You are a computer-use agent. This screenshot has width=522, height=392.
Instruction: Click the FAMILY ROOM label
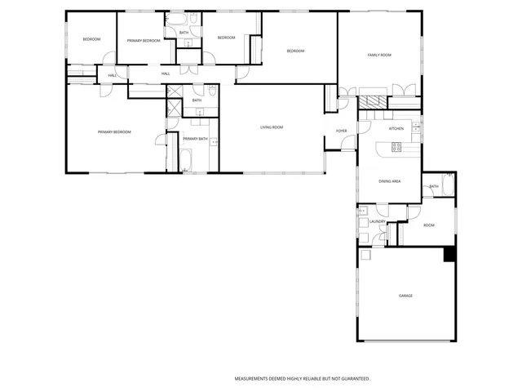pos(379,55)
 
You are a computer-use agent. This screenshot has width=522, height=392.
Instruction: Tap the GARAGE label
pos(405,295)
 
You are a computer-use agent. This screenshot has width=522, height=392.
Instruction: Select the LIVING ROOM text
pos(272,127)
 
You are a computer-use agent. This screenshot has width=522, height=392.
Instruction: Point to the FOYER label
pos(341,131)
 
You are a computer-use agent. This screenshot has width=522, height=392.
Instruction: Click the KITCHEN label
pos(396,129)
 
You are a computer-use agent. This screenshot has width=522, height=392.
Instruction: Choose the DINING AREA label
pos(389,181)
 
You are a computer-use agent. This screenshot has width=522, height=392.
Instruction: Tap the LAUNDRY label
pos(377,221)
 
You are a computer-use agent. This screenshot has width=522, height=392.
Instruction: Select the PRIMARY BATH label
pos(195,139)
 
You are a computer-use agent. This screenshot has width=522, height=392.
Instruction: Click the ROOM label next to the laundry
pos(428,225)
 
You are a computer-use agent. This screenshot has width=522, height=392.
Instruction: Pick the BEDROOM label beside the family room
pos(294,51)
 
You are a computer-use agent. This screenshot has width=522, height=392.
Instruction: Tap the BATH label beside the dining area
pos(433,187)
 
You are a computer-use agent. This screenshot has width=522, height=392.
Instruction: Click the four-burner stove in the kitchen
pos(396,147)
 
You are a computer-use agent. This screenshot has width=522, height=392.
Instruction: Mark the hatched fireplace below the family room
pos(374,103)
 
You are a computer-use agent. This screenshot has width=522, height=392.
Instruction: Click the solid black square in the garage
pos(449,254)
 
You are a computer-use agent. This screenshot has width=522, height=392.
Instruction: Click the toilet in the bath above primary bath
pos(212,91)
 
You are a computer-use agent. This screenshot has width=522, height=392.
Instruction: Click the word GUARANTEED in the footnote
pos(352,379)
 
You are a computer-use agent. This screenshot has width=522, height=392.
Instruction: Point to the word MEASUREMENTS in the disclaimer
pos(254,379)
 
